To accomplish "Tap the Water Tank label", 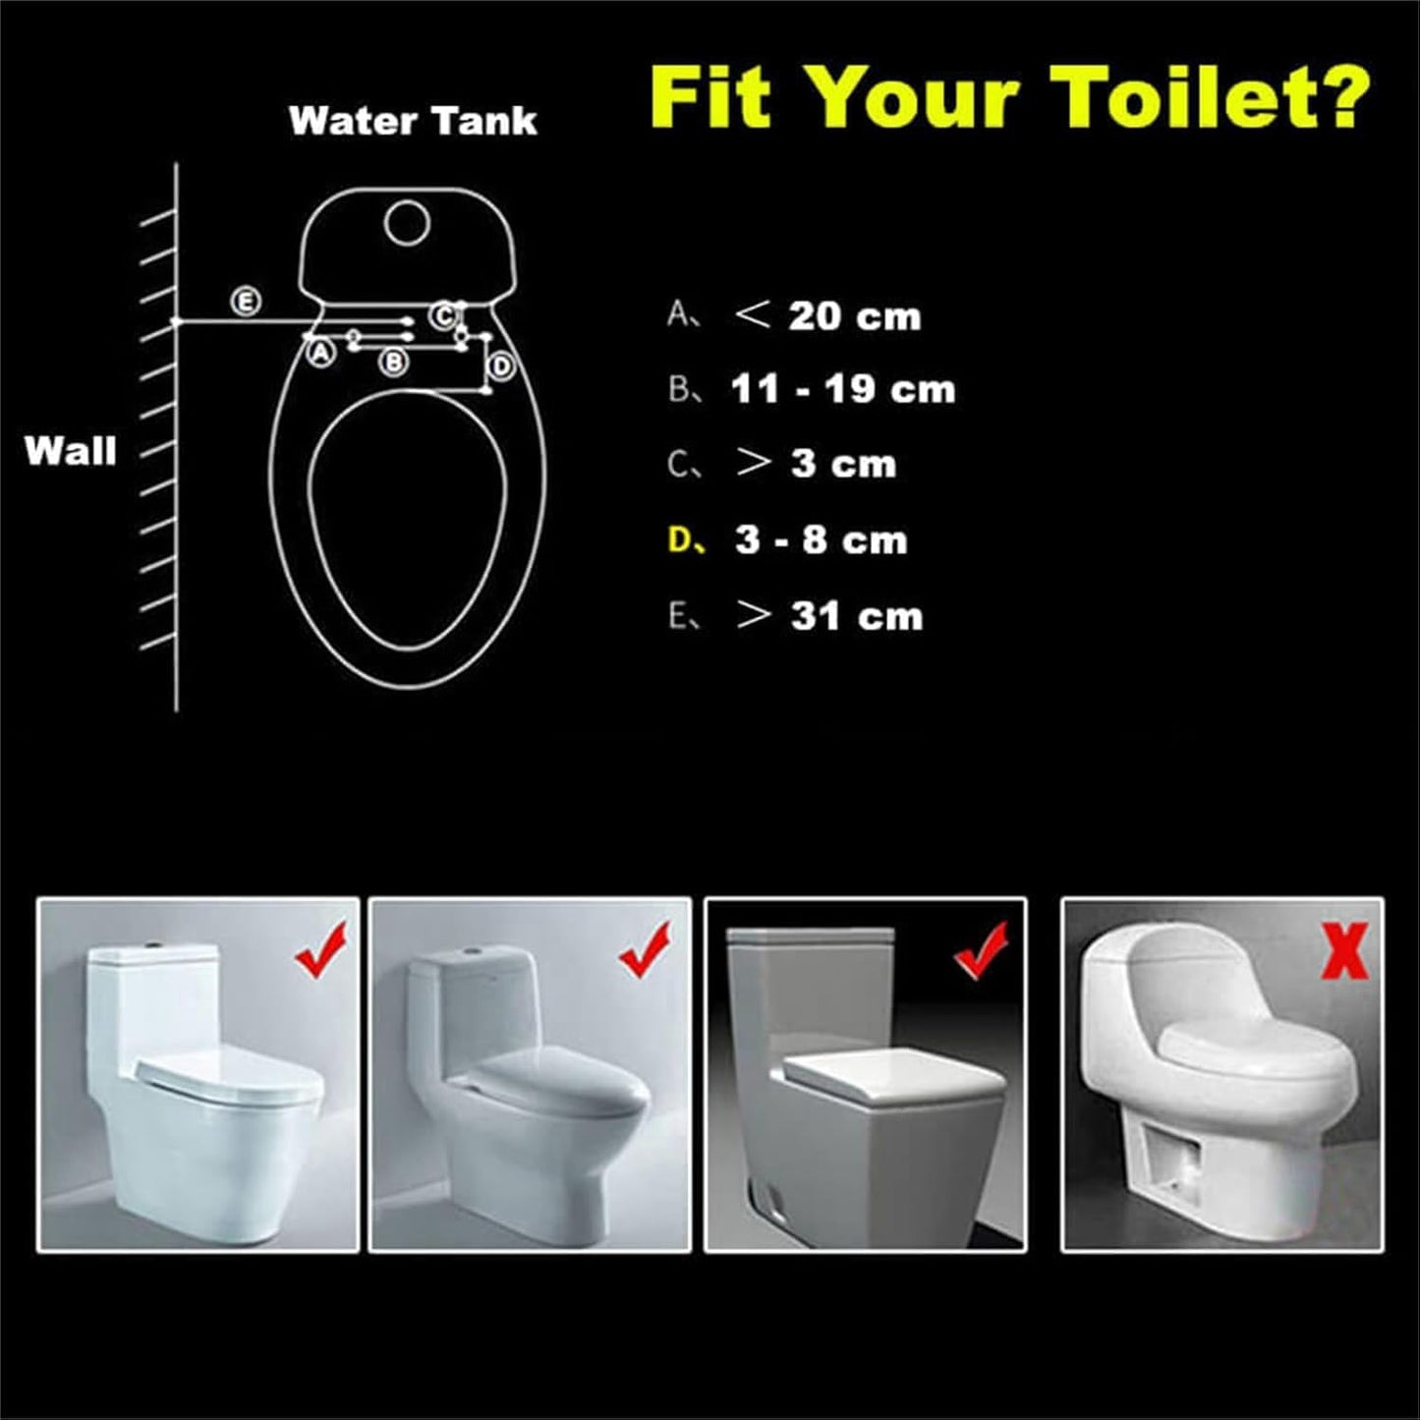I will tap(413, 121).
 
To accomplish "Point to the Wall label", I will tap(70, 451).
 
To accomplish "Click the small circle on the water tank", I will tap(407, 223).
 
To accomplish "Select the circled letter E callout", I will tap(245, 301).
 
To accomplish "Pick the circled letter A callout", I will tap(320, 352).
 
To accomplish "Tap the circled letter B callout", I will tap(394, 362).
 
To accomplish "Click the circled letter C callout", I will tap(443, 315).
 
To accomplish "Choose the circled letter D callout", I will tap(501, 366).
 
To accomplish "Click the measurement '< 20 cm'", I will tap(827, 316).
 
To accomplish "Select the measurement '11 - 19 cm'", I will tap(842, 390).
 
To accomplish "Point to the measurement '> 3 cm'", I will tap(816, 465).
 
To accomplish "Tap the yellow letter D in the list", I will tap(681, 540).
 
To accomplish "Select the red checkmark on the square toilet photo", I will tap(982, 949).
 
